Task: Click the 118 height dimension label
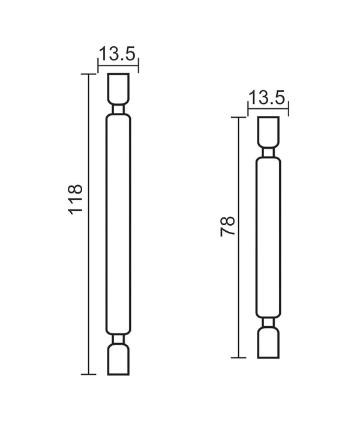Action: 76,199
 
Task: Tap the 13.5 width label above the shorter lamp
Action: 268,97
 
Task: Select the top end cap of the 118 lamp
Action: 118,88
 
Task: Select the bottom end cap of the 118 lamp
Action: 118,360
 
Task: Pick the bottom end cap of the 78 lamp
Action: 268,343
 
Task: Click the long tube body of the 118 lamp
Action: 118,223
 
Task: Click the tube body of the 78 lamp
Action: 268,237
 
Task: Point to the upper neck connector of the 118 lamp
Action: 118,110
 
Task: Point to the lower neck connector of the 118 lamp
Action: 118,339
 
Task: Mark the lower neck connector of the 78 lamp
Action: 268,323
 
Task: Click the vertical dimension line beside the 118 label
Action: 89,270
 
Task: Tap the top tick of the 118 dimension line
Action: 89,74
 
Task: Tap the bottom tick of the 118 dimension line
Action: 89,375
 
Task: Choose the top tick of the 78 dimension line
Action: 239,117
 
